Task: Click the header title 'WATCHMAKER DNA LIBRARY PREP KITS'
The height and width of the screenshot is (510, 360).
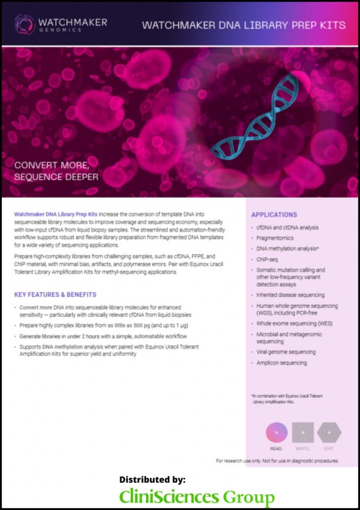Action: pyautogui.click(x=244, y=25)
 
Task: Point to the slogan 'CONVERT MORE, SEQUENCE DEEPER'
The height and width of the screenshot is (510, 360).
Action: pyautogui.click(x=57, y=171)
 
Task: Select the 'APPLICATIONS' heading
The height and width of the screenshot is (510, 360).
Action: pyautogui.click(x=274, y=214)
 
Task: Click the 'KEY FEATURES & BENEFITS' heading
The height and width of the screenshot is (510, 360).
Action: pyautogui.click(x=55, y=294)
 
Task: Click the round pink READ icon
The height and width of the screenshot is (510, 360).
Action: pyautogui.click(x=276, y=433)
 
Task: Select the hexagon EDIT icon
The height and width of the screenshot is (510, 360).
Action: pyautogui.click(x=329, y=433)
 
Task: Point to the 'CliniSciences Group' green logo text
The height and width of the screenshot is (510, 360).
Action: pyautogui.click(x=197, y=497)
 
